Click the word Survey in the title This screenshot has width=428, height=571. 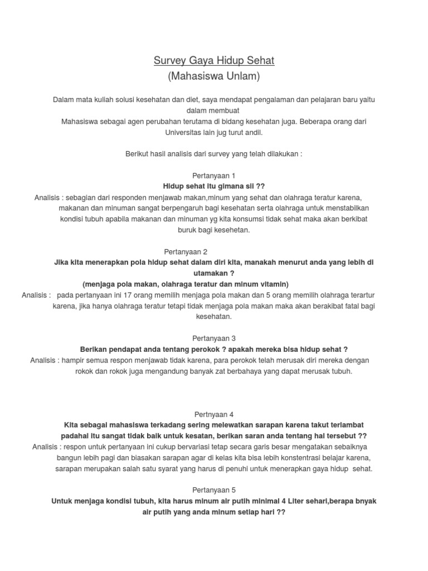click(169, 60)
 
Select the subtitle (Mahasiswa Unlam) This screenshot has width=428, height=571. click(214, 76)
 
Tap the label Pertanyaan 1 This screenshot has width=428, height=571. click(214, 175)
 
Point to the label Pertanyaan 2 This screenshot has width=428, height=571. click(186, 251)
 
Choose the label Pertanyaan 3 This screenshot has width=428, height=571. click(214, 338)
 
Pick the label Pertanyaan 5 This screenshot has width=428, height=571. click(214, 490)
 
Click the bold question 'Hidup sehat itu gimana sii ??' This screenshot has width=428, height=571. click(214, 186)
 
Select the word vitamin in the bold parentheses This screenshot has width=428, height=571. click(274, 284)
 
